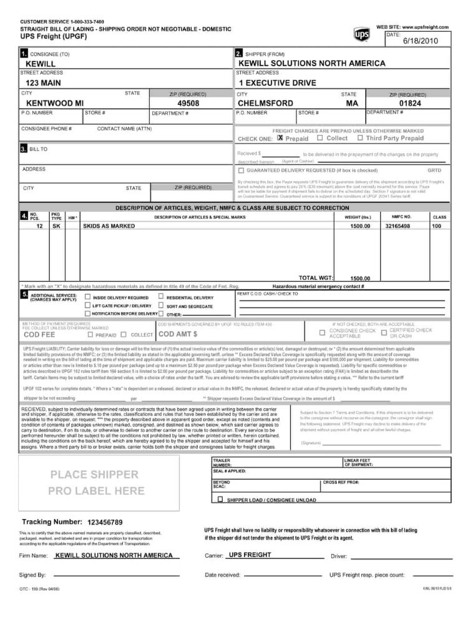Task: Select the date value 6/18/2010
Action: point(421,41)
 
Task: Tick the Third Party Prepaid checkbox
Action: point(361,138)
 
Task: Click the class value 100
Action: point(437,226)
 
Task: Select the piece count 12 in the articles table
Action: point(40,226)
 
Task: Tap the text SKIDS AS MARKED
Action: point(109,226)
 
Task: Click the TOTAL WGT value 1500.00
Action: point(360,279)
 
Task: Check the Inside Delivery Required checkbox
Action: point(88,297)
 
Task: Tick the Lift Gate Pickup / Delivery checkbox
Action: point(88,305)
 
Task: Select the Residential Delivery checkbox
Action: point(161,297)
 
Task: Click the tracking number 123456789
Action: point(105,522)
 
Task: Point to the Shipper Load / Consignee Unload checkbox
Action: point(220,500)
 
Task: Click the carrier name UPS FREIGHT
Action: point(250,555)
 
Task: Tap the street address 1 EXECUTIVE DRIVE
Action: point(277,83)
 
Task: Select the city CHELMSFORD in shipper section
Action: point(265,103)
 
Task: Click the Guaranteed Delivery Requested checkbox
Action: point(241,170)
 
